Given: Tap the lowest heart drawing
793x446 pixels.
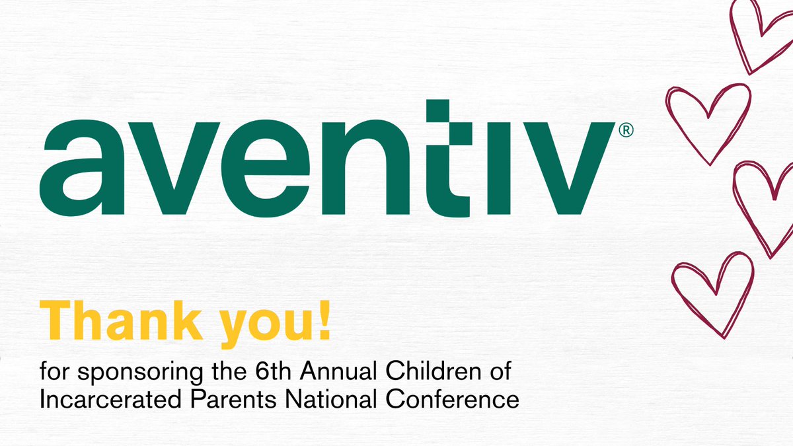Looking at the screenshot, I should tap(712, 291).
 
